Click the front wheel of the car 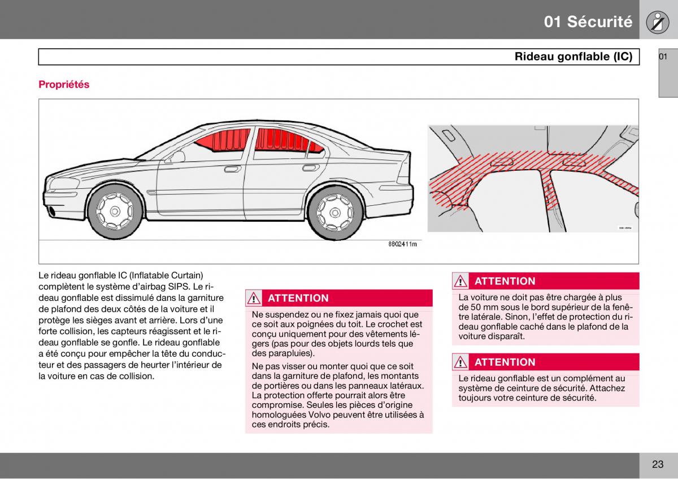pyautogui.click(x=115, y=212)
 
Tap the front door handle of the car pyautogui.click(x=232, y=169)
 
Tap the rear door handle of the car pyautogui.click(x=310, y=167)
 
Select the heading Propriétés pyautogui.click(x=64, y=84)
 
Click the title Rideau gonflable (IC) pyautogui.click(x=573, y=57)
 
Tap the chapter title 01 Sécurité pyautogui.click(x=588, y=21)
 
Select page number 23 pyautogui.click(x=657, y=464)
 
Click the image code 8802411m pyautogui.click(x=402, y=244)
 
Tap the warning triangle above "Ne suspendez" pyautogui.click(x=255, y=298)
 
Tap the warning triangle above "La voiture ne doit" pyautogui.click(x=461, y=281)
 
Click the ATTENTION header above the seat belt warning pyautogui.click(x=505, y=362)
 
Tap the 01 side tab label pyautogui.click(x=663, y=57)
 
